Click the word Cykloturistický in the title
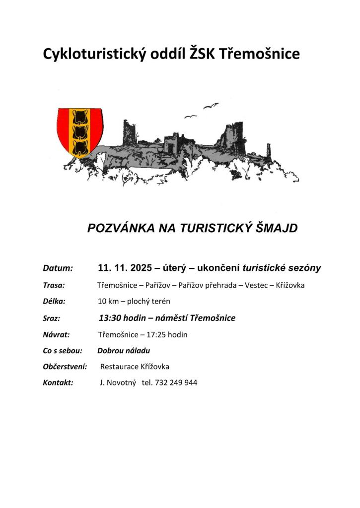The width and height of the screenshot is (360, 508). pos(93,54)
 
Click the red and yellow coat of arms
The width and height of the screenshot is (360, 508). pos(80,131)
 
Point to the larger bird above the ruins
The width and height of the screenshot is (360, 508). pos(211,105)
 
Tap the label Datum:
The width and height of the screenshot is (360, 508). pos(58,268)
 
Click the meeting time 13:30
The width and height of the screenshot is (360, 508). pos(110,318)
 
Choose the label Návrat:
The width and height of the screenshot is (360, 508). pos(56,334)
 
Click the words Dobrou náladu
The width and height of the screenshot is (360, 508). pos(124,351)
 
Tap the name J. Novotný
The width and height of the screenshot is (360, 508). pos(118,382)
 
